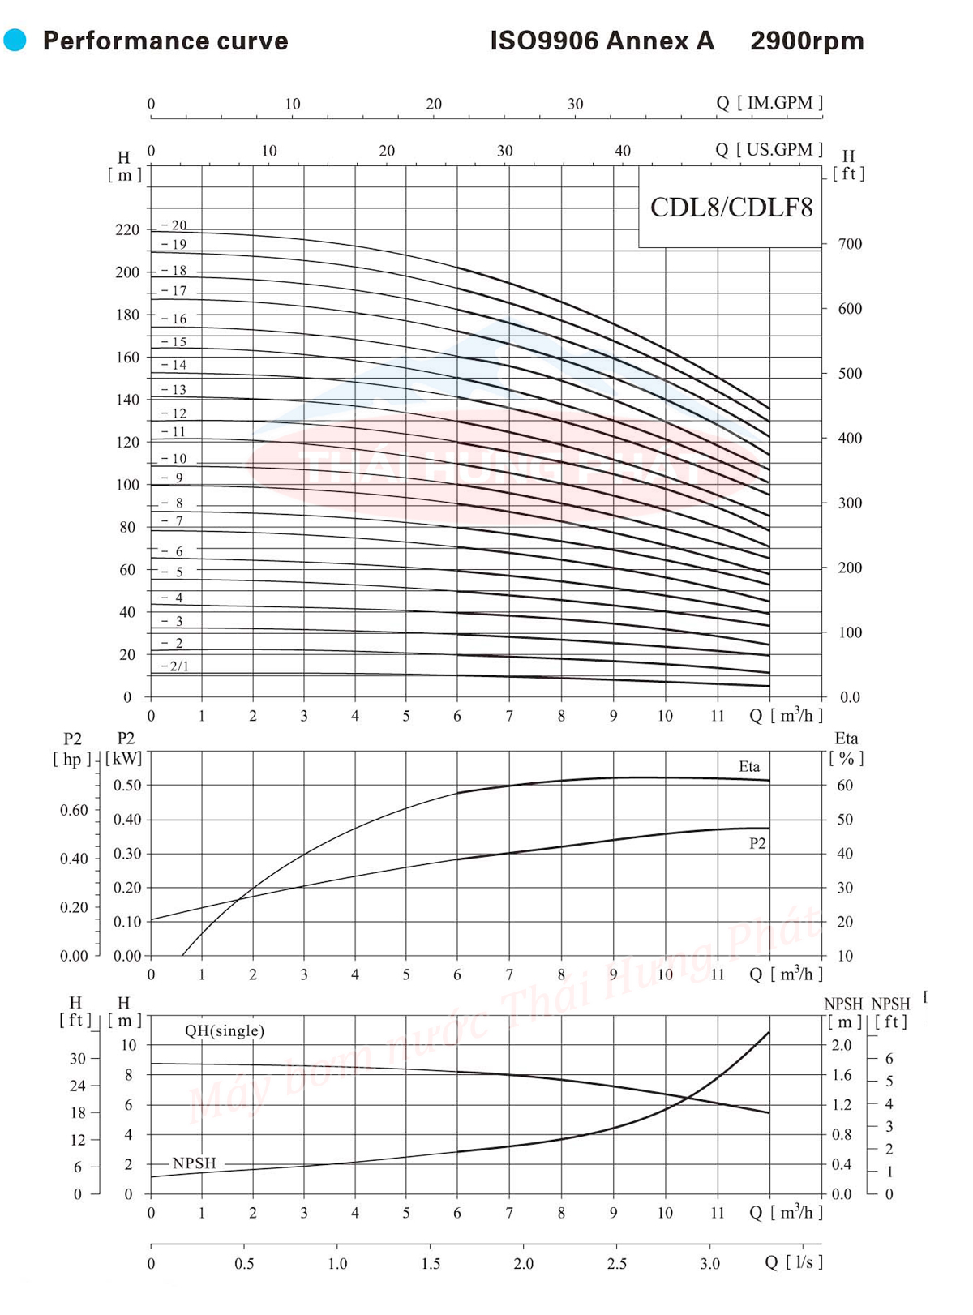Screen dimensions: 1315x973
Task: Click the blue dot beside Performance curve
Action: (15, 40)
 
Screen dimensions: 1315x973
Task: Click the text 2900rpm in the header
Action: (807, 41)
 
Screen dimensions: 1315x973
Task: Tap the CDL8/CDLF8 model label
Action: (731, 208)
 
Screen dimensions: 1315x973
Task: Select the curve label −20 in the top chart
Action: (174, 225)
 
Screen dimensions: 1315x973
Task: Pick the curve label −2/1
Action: (175, 666)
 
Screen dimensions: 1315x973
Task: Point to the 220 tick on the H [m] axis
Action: (127, 230)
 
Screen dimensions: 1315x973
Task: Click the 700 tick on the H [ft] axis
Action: (850, 244)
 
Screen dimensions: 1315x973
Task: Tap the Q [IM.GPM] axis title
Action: (769, 103)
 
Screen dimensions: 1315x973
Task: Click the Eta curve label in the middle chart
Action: (749, 767)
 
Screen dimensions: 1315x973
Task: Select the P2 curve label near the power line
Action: (757, 844)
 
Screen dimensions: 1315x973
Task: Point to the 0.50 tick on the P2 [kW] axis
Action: (127, 786)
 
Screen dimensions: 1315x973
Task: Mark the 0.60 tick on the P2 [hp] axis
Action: (74, 811)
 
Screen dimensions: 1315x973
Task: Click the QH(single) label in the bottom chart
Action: (225, 1031)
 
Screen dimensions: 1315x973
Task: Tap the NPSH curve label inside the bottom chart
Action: (195, 1163)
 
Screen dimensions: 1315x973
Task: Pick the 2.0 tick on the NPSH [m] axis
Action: (842, 1046)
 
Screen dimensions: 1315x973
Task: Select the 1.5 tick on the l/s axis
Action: (431, 1264)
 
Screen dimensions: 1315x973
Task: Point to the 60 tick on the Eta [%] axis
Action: (845, 786)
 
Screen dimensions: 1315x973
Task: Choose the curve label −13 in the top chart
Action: (174, 390)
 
